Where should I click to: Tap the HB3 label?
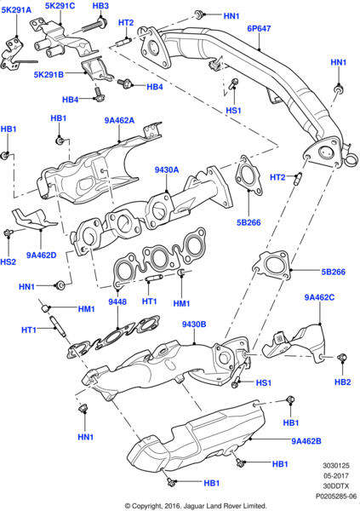coord(100,7)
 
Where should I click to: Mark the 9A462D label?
coord(41,255)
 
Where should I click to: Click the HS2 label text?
coord(8,262)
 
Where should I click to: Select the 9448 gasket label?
coord(117,301)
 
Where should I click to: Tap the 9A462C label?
coord(321,297)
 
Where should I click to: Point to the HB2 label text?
coord(342,382)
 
